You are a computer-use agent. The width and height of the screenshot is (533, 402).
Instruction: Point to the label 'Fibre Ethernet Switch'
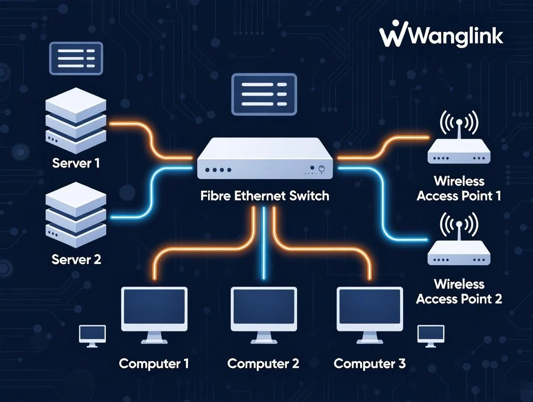coord(265,196)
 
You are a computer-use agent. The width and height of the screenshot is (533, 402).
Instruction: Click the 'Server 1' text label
coord(76,163)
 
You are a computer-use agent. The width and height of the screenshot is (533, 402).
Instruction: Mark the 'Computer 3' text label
coord(369,363)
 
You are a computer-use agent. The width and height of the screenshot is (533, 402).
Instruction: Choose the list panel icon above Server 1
coord(76,58)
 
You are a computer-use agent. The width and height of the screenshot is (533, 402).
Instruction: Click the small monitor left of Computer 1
coord(92,335)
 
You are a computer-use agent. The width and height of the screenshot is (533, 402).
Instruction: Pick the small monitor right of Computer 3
coord(431,335)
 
